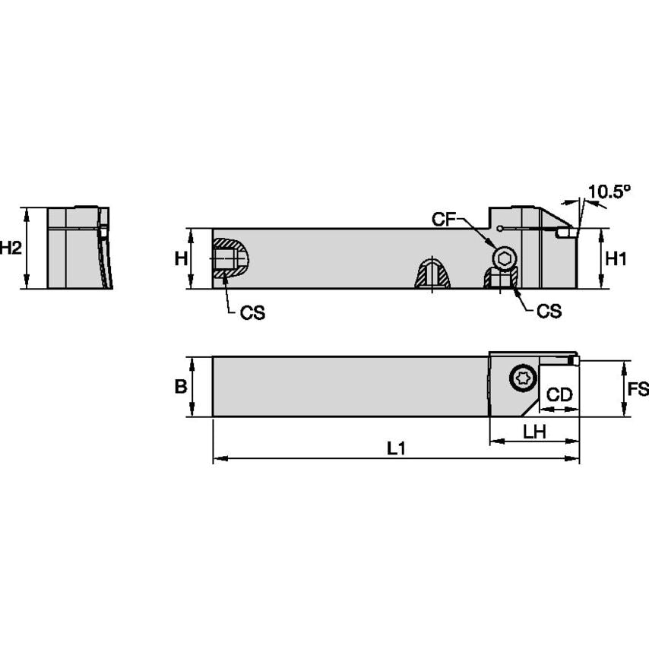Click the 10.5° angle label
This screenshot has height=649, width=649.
609,192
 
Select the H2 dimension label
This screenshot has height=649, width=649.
11,248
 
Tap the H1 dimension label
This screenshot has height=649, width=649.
616,258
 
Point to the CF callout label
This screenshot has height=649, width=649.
445,220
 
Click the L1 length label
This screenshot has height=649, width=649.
395,449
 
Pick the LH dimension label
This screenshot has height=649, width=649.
534,431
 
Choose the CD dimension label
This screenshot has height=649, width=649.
559,395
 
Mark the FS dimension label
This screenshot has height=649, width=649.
638,389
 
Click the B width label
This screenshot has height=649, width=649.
181,387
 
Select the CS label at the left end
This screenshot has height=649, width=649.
252,313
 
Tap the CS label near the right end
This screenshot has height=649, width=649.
548,312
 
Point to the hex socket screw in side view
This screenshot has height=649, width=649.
503,258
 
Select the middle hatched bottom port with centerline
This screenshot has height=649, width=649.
432,274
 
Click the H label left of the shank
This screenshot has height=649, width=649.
181,258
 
